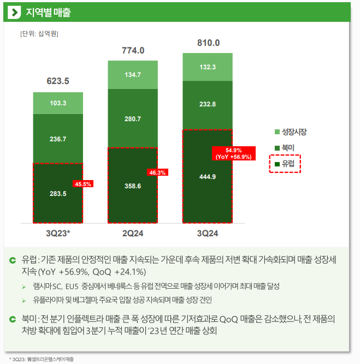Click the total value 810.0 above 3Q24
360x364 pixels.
pyautogui.click(x=208, y=43)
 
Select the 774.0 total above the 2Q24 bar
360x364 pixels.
pyautogui.click(x=133, y=51)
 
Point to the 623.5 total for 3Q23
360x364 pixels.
pyautogui.click(x=58, y=81)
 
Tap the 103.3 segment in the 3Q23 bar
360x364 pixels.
pyautogui.click(x=58, y=103)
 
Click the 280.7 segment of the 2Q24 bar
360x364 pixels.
pyautogui.click(x=133, y=118)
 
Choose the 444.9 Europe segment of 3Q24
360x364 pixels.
pyautogui.click(x=208, y=176)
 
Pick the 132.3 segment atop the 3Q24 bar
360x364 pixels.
pyautogui.click(x=208, y=67)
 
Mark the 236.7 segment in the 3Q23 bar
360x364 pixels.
pyautogui.click(x=58, y=139)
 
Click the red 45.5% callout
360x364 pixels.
pyautogui.click(x=83, y=184)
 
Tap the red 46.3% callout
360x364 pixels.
pyautogui.click(x=157, y=172)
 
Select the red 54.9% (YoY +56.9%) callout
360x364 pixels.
pyautogui.click(x=234, y=153)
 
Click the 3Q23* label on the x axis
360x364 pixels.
pyautogui.click(x=58, y=234)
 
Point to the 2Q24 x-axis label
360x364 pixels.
pyautogui.click(x=133, y=234)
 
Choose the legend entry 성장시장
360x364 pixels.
pyautogui.click(x=291, y=132)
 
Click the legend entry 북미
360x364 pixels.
pyautogui.click(x=285, y=148)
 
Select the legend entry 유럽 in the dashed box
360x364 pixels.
pyautogui.click(x=285, y=164)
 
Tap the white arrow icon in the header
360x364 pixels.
pyautogui.click(x=14, y=12)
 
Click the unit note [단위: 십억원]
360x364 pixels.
pyautogui.click(x=39, y=34)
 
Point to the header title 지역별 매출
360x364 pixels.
pyautogui.click(x=48, y=13)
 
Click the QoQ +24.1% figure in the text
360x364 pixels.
pyautogui.click(x=119, y=272)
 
